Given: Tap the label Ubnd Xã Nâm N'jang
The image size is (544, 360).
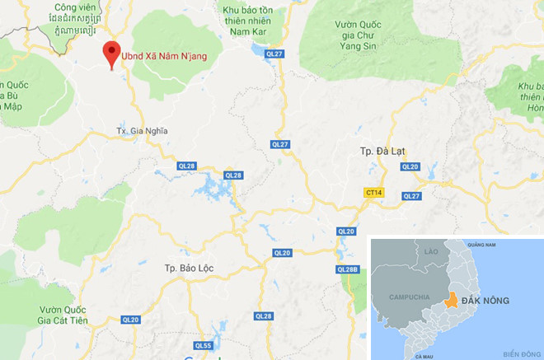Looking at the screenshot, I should click(x=163, y=56).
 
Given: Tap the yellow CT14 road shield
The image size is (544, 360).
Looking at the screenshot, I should click(x=373, y=192).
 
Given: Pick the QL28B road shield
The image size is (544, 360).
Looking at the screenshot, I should click(x=348, y=269).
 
